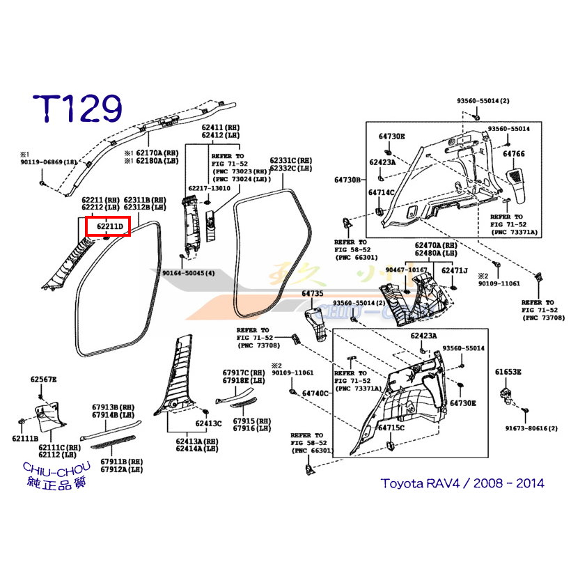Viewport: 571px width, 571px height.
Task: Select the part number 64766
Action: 513,152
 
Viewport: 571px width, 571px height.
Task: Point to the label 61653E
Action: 508,373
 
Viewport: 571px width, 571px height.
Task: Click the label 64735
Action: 313,294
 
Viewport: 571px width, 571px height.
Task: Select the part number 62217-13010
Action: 210,189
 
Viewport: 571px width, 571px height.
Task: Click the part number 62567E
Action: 43,379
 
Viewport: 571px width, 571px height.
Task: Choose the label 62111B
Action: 25,438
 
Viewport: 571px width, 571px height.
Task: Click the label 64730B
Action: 347,180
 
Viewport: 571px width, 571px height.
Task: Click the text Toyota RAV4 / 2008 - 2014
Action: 462,483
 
